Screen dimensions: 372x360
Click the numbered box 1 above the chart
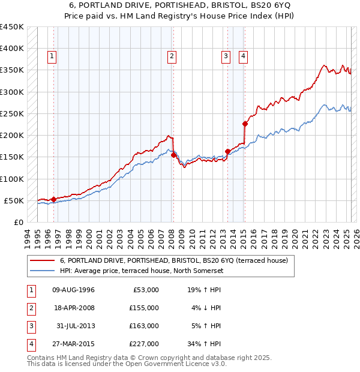click(x=52, y=57)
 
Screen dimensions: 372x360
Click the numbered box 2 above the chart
click(x=172, y=57)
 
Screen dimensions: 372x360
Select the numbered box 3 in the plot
click(x=226, y=57)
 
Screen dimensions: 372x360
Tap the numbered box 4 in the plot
click(x=243, y=57)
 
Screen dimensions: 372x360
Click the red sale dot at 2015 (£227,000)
click(x=245, y=124)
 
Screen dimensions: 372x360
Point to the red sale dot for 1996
click(x=53, y=199)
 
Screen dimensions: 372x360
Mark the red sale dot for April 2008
click(x=173, y=155)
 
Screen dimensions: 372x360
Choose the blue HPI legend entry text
click(x=140, y=271)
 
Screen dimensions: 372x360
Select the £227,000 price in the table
click(x=145, y=344)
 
